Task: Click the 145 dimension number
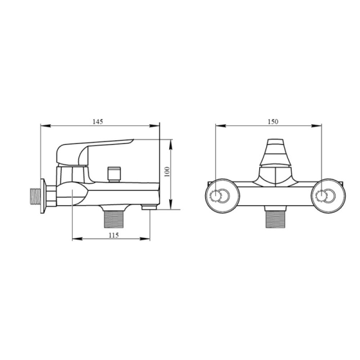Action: (98, 122)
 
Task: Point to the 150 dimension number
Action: (273, 122)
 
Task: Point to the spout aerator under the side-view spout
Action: (149, 207)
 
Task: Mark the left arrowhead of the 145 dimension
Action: (42, 126)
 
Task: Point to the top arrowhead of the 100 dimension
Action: (171, 141)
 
